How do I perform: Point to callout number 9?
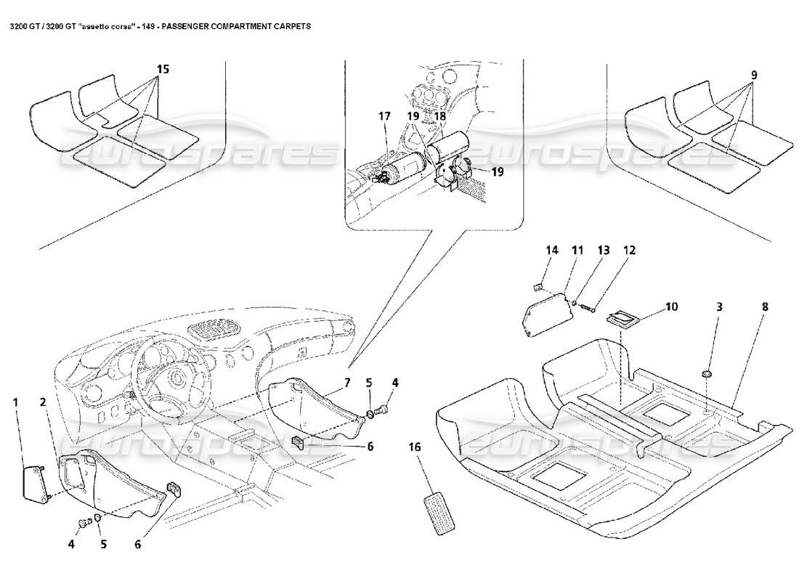755,74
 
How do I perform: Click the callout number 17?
384,115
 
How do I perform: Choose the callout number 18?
440,115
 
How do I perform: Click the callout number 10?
670,306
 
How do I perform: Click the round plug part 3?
705,373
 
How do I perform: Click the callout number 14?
552,250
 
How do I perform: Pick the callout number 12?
628,250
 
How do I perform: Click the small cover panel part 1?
33,482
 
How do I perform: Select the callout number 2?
43,401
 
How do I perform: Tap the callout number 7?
346,382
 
